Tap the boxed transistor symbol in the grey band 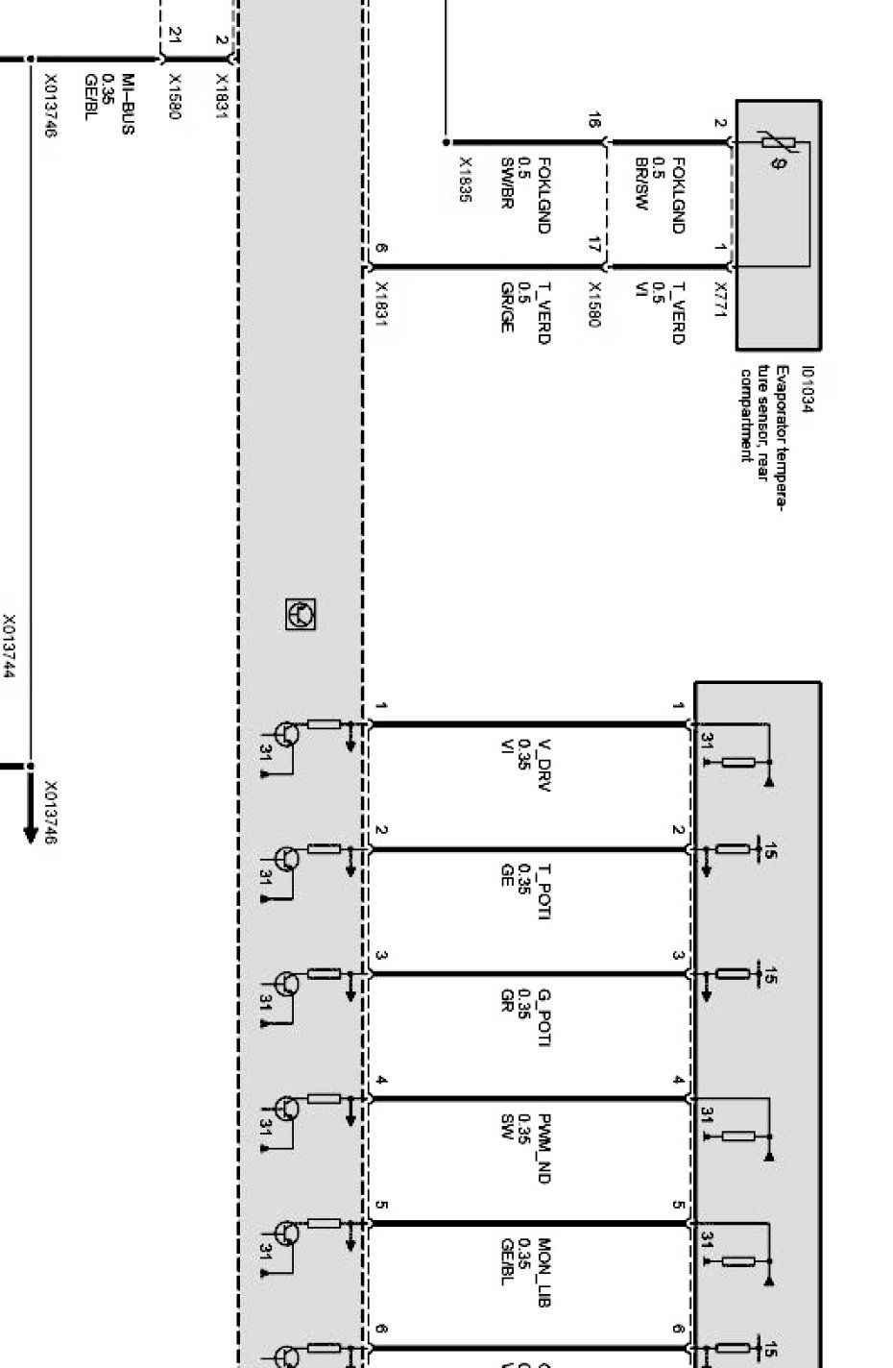pyautogui.click(x=301, y=614)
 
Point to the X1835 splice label pyautogui.click(x=466, y=181)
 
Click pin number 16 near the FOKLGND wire pyautogui.click(x=595, y=121)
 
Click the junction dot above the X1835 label pyautogui.click(x=446, y=142)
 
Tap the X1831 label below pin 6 pyautogui.click(x=381, y=303)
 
